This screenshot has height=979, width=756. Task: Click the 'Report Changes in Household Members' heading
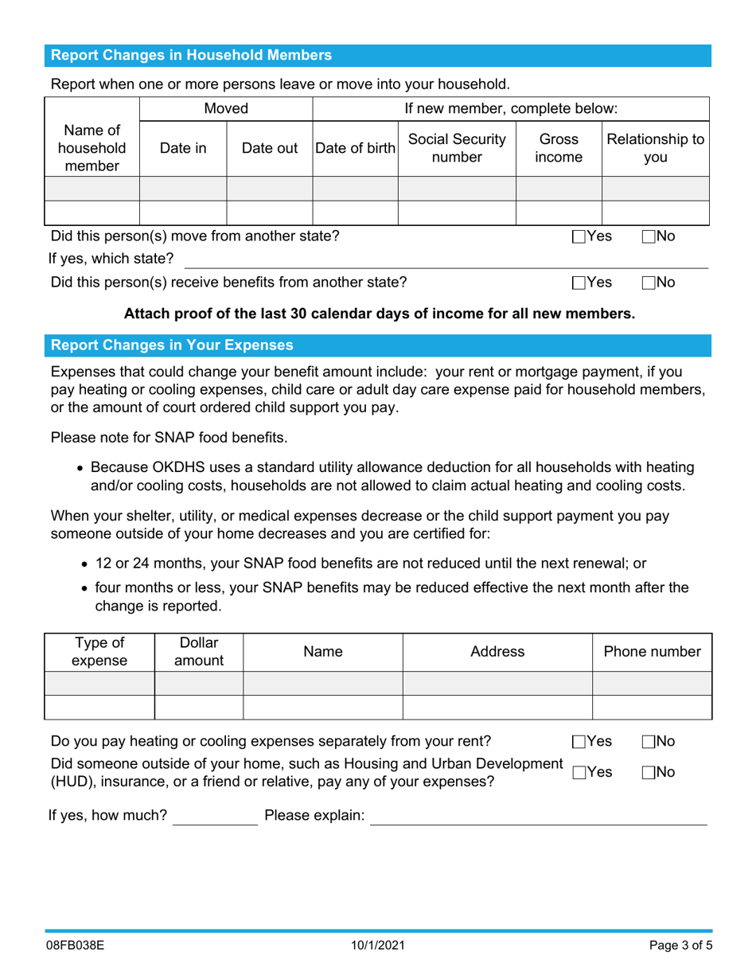191,56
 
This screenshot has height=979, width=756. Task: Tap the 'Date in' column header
183,147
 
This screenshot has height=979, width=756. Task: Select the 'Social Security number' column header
456,147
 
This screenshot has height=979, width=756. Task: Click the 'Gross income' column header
559,147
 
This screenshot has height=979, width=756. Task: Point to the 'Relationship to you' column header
656,147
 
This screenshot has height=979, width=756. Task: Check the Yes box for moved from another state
579,236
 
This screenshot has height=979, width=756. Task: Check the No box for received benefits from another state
649,282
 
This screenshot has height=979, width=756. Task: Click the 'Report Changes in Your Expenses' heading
172,345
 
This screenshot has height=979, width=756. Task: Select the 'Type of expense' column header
99,652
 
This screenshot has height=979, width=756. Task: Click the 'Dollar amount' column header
198,652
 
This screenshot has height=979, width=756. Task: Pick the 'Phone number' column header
652,652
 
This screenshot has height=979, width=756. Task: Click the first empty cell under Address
497,683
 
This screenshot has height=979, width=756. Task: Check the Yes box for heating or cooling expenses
579,742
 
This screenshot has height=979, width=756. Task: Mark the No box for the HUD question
649,772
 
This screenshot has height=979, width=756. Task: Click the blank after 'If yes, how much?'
215,817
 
